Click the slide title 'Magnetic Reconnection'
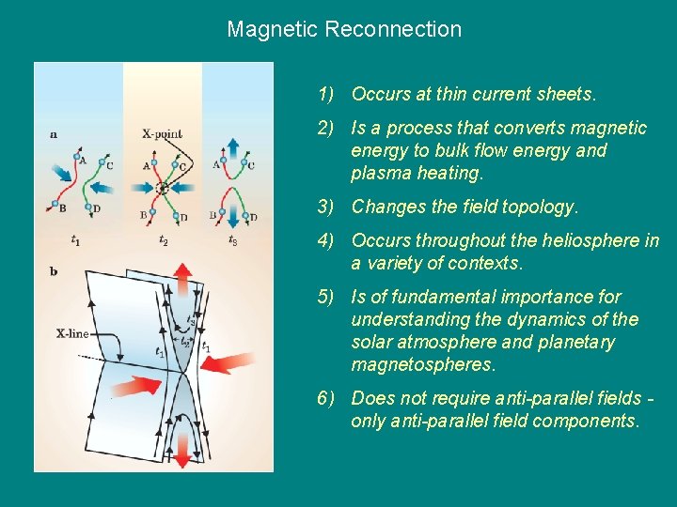tap(344, 29)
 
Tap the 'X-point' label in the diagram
tap(162, 134)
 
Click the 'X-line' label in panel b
tap(72, 332)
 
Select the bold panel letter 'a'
tap(54, 134)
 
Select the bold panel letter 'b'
tap(54, 271)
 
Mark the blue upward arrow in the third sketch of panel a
tap(232, 148)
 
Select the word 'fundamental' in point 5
tap(441, 297)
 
